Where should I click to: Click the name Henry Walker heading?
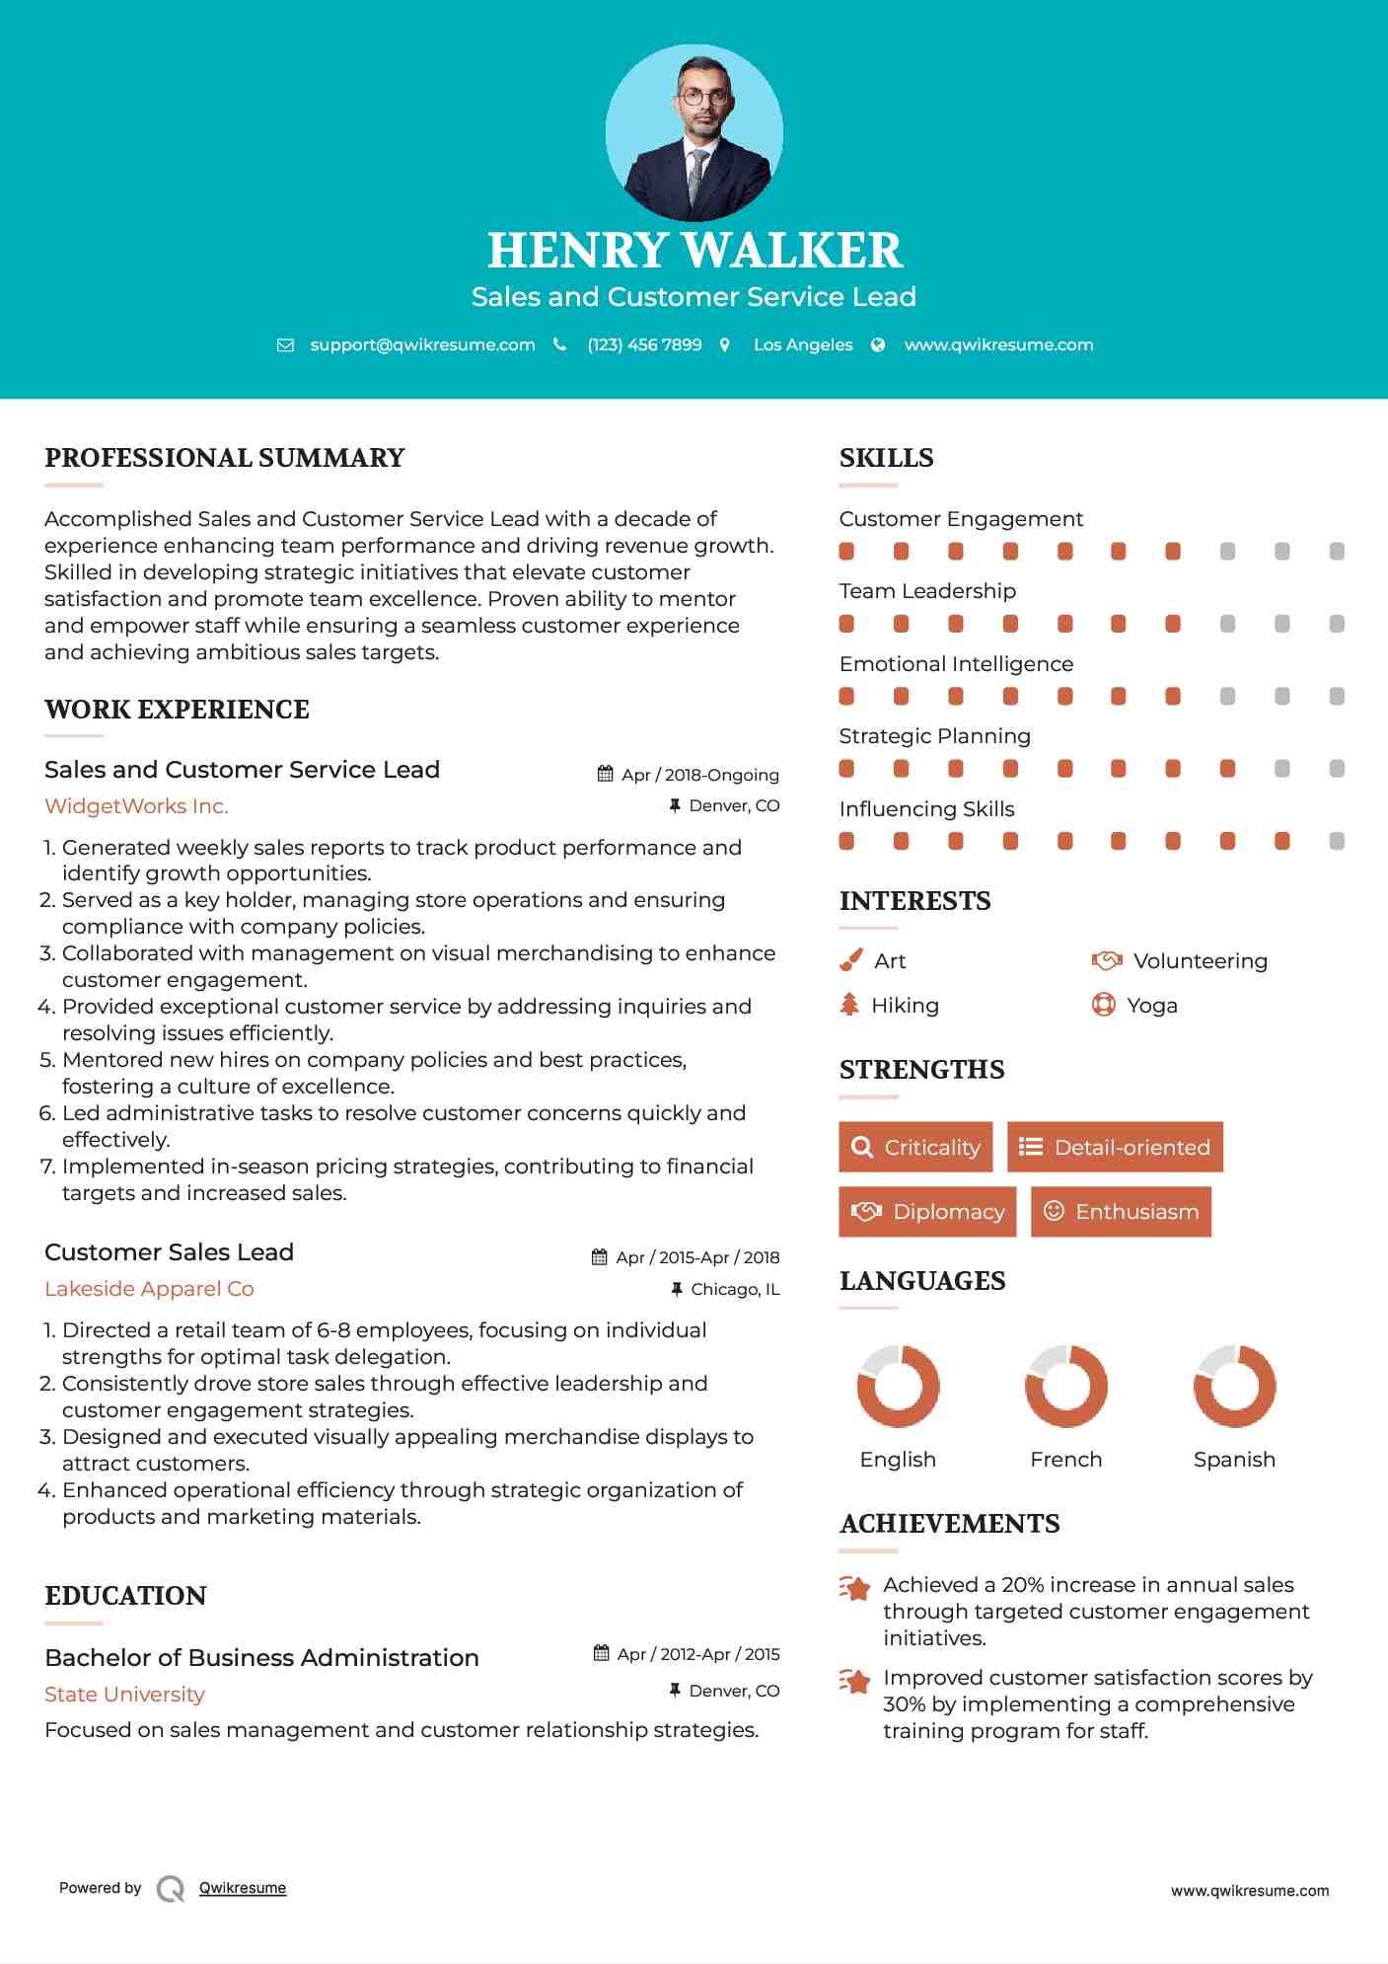694,251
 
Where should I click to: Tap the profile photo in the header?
694,132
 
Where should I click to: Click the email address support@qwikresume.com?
422,344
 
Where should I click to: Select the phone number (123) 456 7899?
644,344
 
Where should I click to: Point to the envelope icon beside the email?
285,345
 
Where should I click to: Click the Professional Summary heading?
225,458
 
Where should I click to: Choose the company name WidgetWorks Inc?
136,806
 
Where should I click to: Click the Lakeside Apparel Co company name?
149,1289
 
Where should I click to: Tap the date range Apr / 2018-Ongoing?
699,775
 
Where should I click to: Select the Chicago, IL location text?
735,1289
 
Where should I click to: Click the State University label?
124,1695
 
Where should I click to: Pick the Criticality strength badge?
915,1147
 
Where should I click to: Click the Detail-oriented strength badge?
1115,1147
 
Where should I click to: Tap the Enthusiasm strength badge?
1121,1211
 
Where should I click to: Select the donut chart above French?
1065,1386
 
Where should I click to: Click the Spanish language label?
1234,1460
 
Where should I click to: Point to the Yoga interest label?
1152,1006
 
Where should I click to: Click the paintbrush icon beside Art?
850,960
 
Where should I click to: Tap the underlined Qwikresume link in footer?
243,1888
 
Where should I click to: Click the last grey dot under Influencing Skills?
1337,841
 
